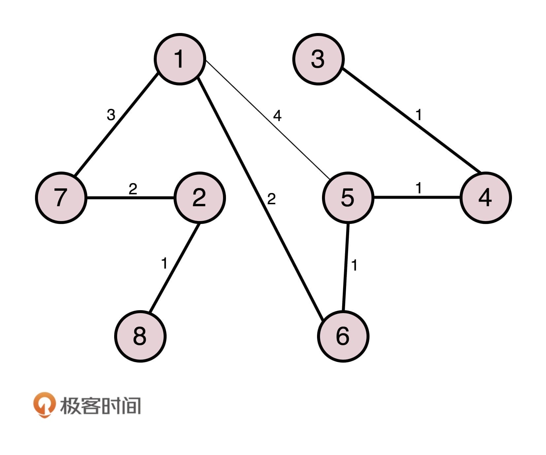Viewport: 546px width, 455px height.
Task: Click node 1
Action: click(x=180, y=59)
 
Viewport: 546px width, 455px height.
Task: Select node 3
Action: click(x=318, y=59)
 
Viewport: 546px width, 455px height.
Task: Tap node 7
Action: click(x=61, y=198)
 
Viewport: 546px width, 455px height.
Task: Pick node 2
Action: click(x=199, y=198)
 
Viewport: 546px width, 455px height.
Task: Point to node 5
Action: click(x=348, y=198)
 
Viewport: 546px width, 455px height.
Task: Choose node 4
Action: click(x=486, y=198)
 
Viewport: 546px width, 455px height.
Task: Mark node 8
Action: click(x=140, y=336)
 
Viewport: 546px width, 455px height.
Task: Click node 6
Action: click(x=343, y=336)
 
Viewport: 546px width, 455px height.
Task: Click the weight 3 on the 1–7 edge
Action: click(x=111, y=115)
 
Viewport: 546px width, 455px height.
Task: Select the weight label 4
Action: click(x=277, y=116)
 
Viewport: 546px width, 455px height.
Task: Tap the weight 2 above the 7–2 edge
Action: click(x=133, y=189)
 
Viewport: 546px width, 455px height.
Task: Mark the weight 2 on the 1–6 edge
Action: click(x=271, y=199)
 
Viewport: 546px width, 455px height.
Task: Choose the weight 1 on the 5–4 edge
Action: click(x=419, y=188)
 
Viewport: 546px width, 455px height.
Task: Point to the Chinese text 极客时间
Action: click(x=100, y=406)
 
